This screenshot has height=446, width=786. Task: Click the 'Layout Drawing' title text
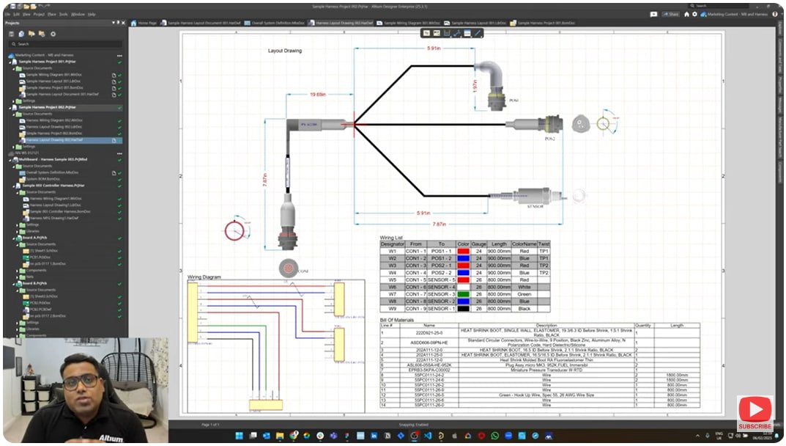click(x=285, y=51)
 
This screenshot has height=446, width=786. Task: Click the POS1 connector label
click(x=514, y=100)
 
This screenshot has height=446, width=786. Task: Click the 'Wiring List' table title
click(x=391, y=238)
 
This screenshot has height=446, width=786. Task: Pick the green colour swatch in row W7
click(x=463, y=294)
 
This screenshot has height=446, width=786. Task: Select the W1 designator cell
click(x=392, y=252)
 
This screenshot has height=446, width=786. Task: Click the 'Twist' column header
click(x=544, y=244)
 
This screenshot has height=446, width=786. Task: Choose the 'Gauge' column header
click(x=478, y=244)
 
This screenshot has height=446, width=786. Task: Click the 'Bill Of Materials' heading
click(x=397, y=320)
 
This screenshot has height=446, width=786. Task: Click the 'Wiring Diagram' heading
click(x=204, y=277)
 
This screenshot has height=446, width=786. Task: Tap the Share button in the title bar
click(x=670, y=13)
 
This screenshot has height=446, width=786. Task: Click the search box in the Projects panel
click(x=66, y=44)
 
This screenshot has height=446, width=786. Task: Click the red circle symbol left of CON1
click(x=234, y=230)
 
